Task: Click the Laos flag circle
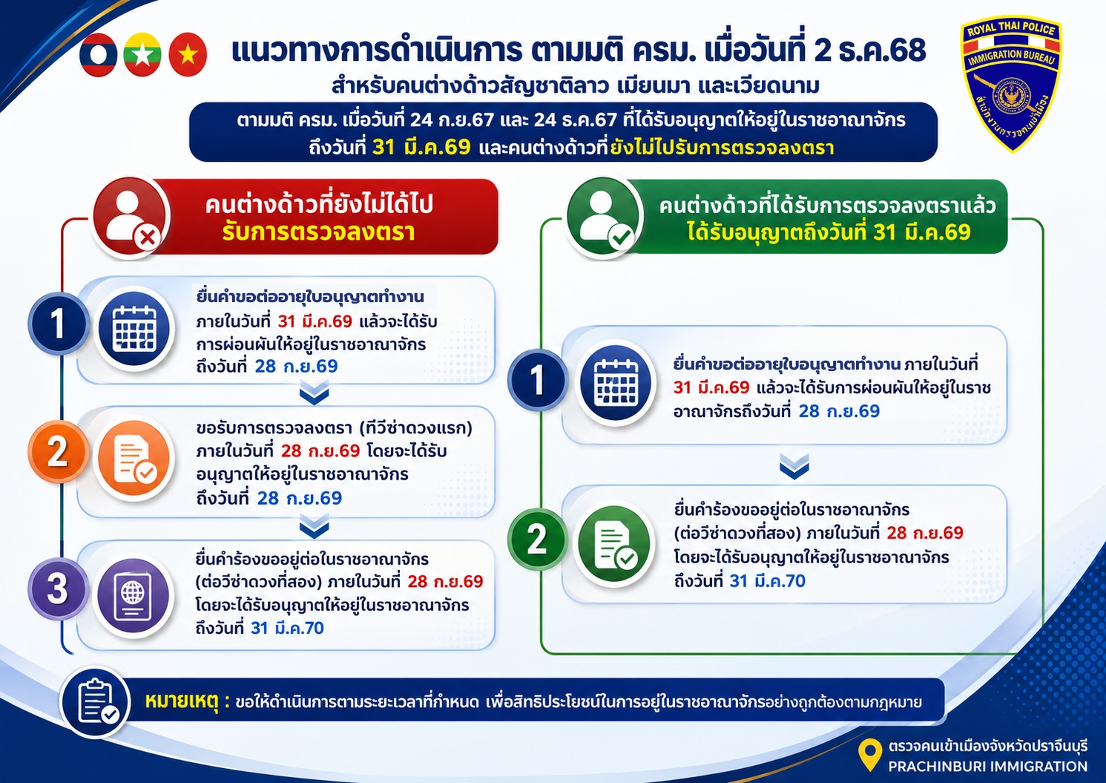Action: (98, 55)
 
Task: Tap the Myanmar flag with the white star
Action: (142, 55)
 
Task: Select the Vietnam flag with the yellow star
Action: (188, 55)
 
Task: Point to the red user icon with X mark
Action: (131, 217)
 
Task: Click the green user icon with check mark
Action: (604, 217)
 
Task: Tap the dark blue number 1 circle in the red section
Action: (58, 324)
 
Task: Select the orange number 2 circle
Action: (58, 451)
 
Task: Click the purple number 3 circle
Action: (58, 589)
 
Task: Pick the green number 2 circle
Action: (537, 539)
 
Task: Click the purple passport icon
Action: (134, 595)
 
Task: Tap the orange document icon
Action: (134, 459)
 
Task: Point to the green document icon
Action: (614, 543)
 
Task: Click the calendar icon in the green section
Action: (615, 383)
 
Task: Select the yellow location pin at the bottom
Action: (869, 754)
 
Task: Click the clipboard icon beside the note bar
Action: (95, 701)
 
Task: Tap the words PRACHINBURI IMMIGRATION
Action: (987, 766)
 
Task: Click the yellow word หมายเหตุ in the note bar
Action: (182, 702)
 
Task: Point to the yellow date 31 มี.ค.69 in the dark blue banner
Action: (421, 147)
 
